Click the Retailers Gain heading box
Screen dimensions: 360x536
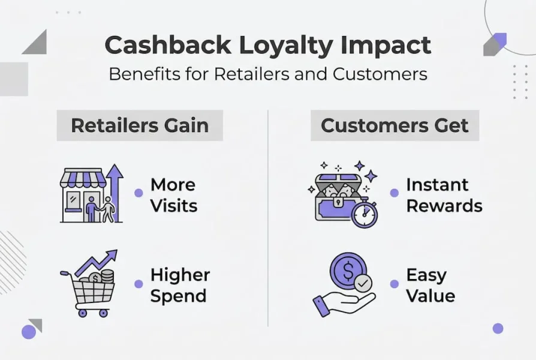pos(140,125)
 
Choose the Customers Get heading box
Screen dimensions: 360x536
pos(395,125)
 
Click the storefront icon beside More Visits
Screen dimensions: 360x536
pos(83,195)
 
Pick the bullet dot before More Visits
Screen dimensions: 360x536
pos(138,193)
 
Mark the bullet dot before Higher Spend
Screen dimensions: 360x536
pos(138,284)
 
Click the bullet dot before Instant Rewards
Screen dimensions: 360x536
pos(394,193)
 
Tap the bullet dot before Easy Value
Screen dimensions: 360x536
pos(394,284)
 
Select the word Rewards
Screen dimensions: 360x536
pos(444,206)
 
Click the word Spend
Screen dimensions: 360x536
pos(178,296)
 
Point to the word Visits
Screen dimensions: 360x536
pos(174,206)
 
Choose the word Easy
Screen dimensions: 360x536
pos(426,275)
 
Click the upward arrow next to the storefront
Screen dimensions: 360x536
pos(115,192)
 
